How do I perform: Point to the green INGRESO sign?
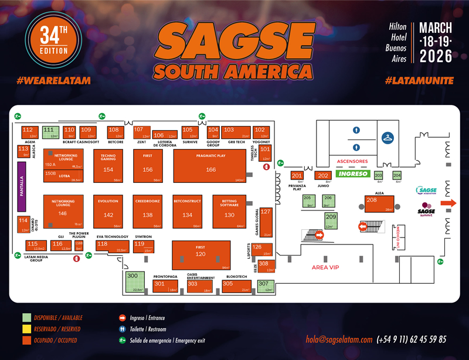click(352, 174)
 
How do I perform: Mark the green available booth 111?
click(51, 132)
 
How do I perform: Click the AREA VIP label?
click(326, 267)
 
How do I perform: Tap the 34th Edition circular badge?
click(47, 45)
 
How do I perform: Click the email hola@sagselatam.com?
click(339, 339)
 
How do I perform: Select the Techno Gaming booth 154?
click(108, 166)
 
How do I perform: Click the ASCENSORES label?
click(352, 161)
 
